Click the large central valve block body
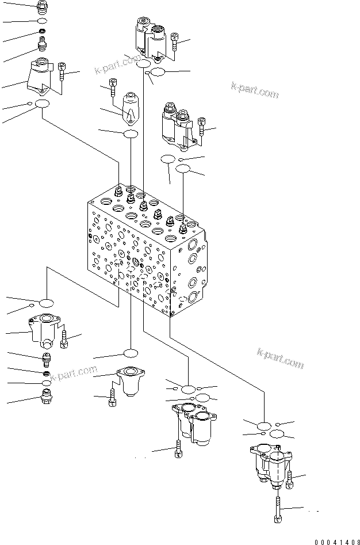point(144,253)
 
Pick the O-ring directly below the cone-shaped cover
point(131,134)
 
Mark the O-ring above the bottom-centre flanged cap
point(131,353)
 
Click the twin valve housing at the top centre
point(151,37)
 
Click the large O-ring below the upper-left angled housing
point(42,104)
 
